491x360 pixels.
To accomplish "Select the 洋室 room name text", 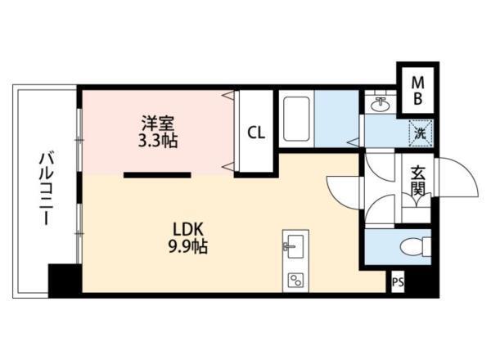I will click(x=158, y=124).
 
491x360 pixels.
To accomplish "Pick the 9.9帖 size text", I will click(x=188, y=245).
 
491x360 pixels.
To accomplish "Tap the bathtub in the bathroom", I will click(x=295, y=119).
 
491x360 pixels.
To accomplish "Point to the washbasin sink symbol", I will click(x=379, y=104).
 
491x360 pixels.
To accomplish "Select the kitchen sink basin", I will click(x=294, y=245).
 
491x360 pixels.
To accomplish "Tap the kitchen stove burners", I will click(x=294, y=279).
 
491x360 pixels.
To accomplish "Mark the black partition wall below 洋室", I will click(x=158, y=174).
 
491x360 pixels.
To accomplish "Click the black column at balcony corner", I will click(x=65, y=280).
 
